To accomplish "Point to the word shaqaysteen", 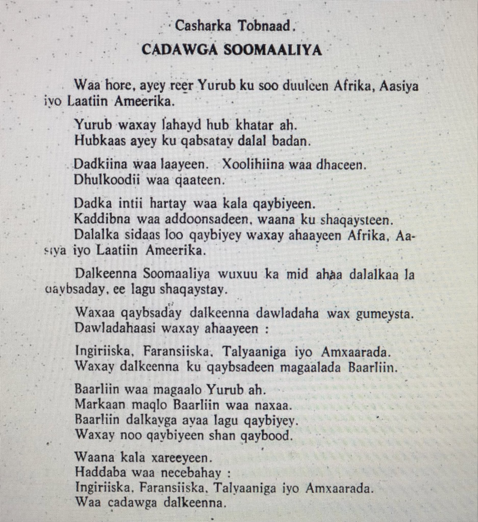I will point(357,220).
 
